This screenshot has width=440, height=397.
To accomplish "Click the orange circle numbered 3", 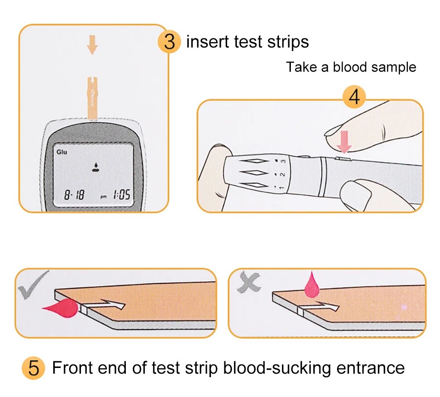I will click(x=169, y=42).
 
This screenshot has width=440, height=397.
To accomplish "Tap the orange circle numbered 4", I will click(x=354, y=97).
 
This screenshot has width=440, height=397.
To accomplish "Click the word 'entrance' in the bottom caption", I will click(x=370, y=368).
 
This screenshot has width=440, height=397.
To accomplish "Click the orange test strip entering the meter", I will click(x=92, y=98).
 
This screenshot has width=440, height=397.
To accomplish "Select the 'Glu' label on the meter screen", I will click(x=62, y=152).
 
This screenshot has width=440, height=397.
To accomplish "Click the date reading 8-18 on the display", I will click(x=74, y=195).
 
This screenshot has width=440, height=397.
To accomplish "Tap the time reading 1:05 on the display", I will click(x=121, y=195).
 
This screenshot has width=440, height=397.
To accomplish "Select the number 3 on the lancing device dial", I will click(x=283, y=161).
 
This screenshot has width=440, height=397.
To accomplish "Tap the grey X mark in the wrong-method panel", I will click(x=249, y=282).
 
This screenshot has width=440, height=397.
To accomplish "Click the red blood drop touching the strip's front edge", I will click(x=62, y=306).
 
